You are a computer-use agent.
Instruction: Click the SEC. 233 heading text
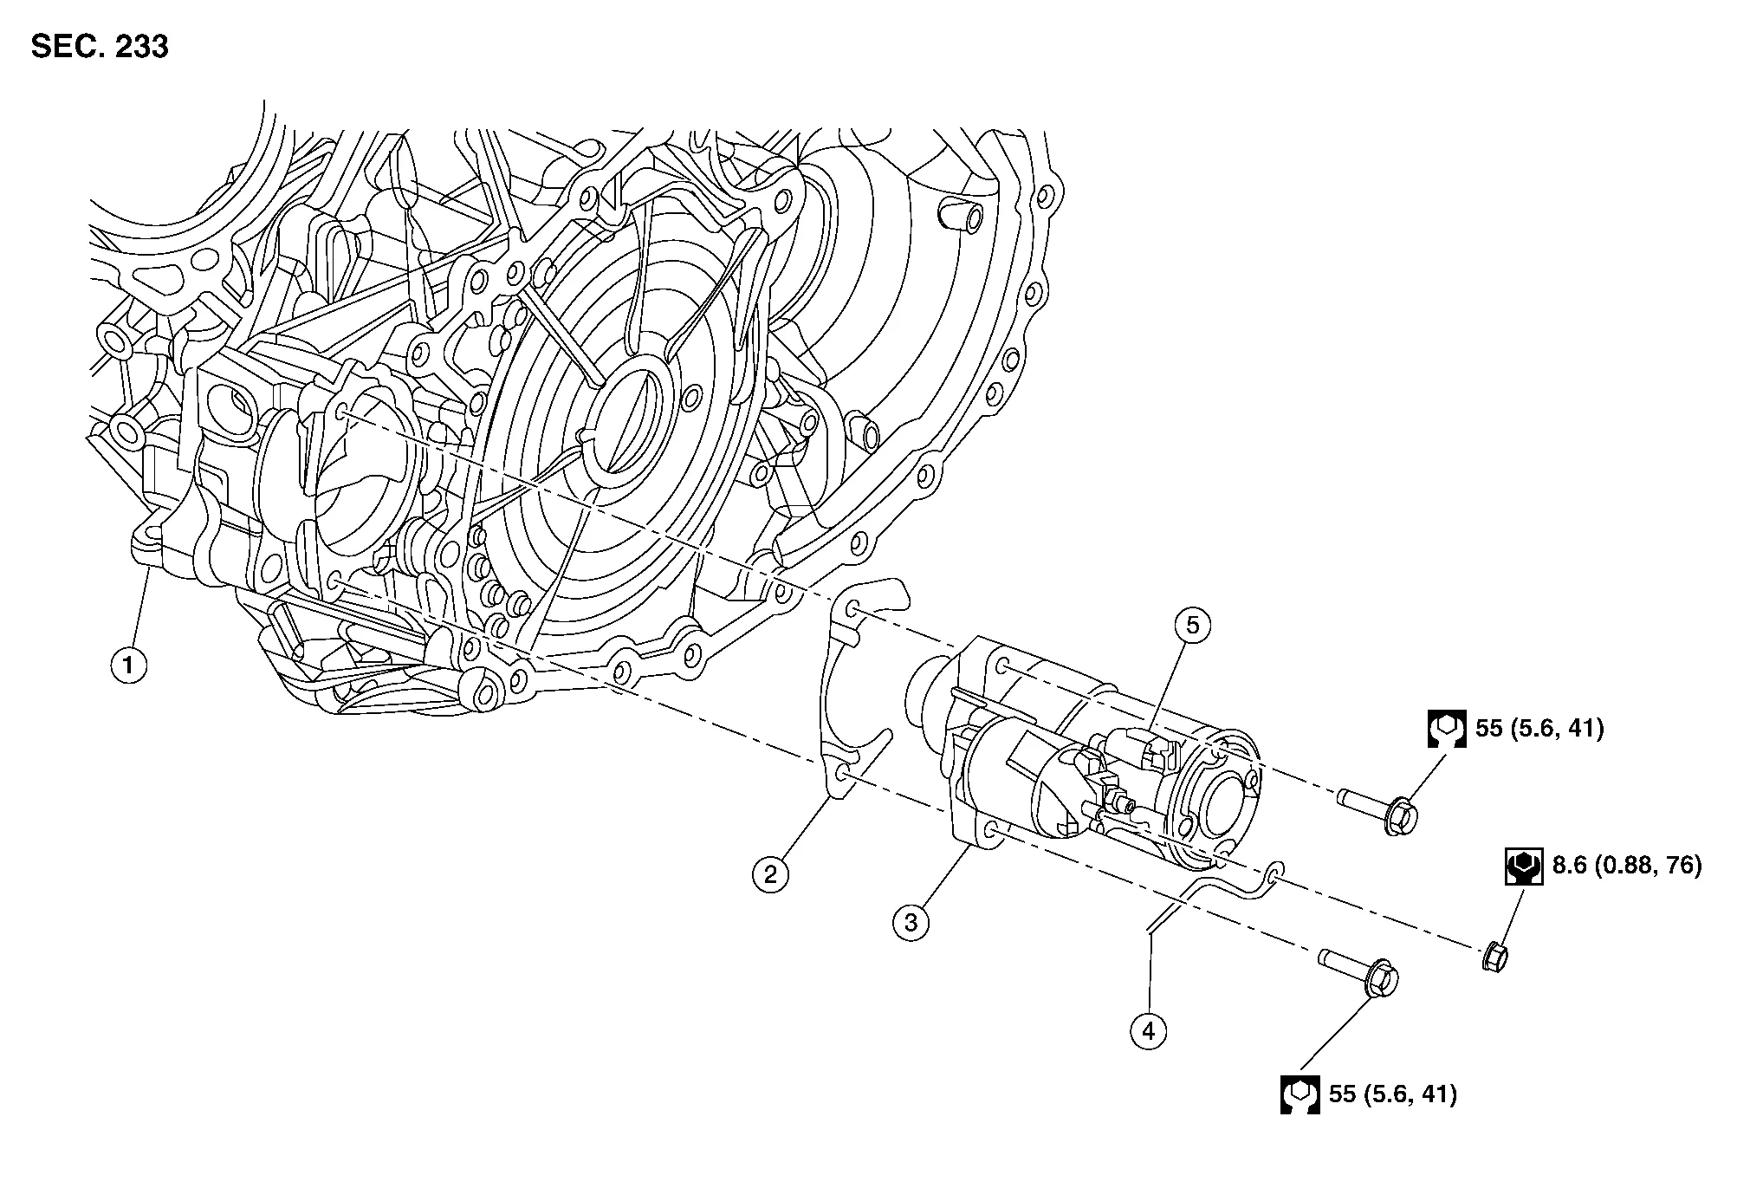pos(100,46)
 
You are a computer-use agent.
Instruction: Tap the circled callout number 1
pos(129,665)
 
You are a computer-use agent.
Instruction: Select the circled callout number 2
pos(770,873)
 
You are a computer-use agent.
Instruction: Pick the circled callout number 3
pos(911,922)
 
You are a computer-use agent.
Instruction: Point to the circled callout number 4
pos(1149,1031)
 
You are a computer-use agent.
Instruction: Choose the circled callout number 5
pos(1193,625)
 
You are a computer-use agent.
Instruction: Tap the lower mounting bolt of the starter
pos(1359,977)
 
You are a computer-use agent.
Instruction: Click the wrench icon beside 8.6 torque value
pos(1524,866)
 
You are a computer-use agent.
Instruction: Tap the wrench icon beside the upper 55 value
pos(1447,729)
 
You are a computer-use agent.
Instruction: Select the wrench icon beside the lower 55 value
pos(1300,1094)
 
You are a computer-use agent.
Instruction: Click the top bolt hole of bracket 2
pos(852,608)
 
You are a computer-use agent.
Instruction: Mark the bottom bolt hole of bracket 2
pos(846,771)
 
